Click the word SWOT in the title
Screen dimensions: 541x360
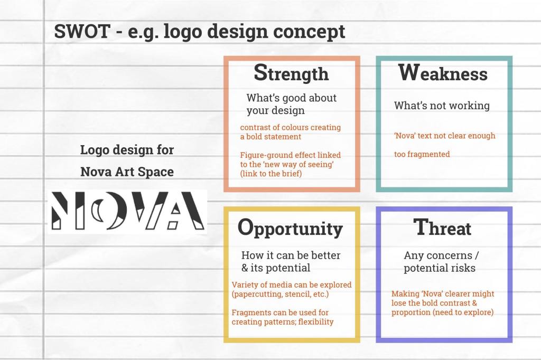82,31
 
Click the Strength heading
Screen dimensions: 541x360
291,73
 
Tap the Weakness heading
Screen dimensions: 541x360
443,72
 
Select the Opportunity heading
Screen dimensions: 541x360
290,229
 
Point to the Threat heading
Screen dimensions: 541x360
442,227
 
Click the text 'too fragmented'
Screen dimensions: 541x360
422,154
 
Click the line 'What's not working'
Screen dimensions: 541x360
442,106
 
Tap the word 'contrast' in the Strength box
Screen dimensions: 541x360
254,128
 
